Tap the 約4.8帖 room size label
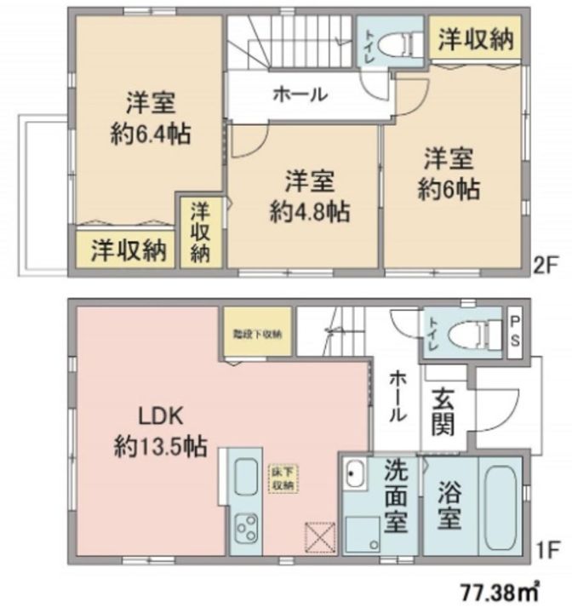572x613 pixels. (309, 210)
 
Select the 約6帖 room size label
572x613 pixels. (449, 187)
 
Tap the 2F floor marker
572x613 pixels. (546, 265)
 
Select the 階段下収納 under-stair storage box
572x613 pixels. (260, 333)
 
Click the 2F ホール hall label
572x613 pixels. (300, 95)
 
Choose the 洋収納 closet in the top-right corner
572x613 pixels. (476, 39)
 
